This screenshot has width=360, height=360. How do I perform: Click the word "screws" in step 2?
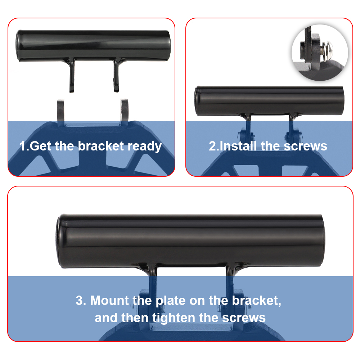click(x=305, y=147)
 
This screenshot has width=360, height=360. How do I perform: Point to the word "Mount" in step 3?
click(x=109, y=300)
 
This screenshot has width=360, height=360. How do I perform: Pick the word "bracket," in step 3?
click(x=256, y=301)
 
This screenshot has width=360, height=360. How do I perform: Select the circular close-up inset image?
click(x=320, y=53)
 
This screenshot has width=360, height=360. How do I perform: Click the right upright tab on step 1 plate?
click(x=124, y=112)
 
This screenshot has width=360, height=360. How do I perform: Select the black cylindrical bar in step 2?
click(x=269, y=101)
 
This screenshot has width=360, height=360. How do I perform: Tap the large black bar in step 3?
click(x=190, y=240)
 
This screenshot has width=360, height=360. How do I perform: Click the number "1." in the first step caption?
click(x=24, y=146)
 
